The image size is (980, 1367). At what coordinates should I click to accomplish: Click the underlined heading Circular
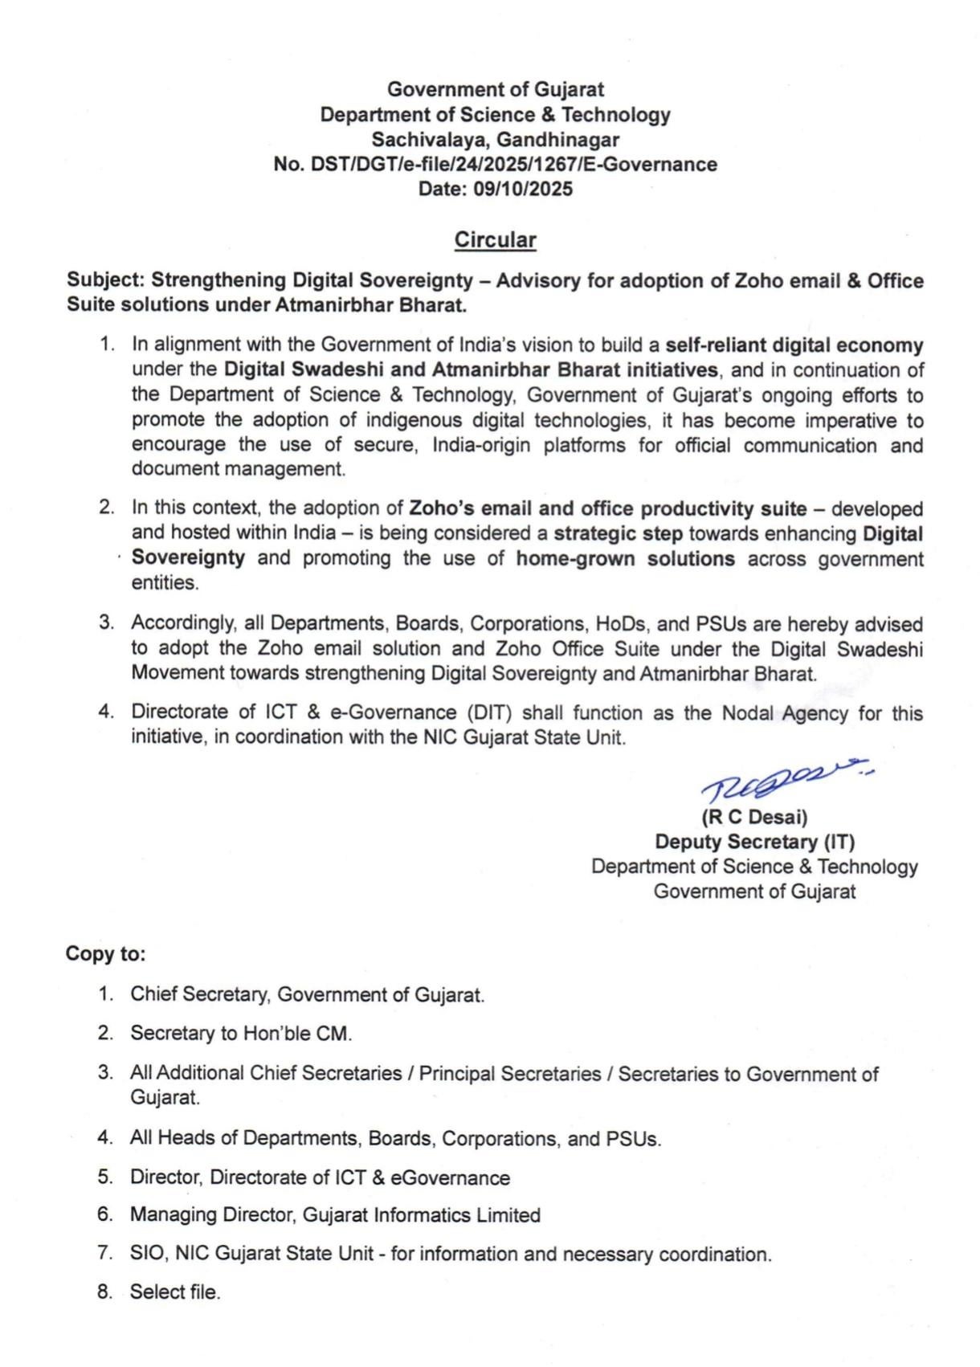pyautogui.click(x=495, y=240)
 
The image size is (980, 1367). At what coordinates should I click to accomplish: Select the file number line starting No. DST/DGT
pyautogui.click(x=495, y=165)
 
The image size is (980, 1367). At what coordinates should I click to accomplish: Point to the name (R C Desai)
pyautogui.click(x=754, y=818)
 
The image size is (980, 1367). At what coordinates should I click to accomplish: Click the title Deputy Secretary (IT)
pyautogui.click(x=754, y=842)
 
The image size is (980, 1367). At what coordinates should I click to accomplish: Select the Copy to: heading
pyautogui.click(x=105, y=954)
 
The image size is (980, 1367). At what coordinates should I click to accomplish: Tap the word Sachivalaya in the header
pyautogui.click(x=429, y=140)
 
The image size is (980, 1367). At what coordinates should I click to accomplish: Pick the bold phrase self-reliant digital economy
pyautogui.click(x=794, y=345)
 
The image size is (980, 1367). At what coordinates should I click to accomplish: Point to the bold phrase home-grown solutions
pyautogui.click(x=625, y=558)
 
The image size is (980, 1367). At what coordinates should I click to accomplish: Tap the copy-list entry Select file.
pyautogui.click(x=174, y=1292)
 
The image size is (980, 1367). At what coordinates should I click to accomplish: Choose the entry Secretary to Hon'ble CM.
pyautogui.click(x=241, y=1034)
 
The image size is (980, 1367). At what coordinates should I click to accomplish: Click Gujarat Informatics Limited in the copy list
pyautogui.click(x=421, y=1215)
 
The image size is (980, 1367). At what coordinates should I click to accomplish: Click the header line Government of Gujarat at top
pyautogui.click(x=495, y=89)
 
